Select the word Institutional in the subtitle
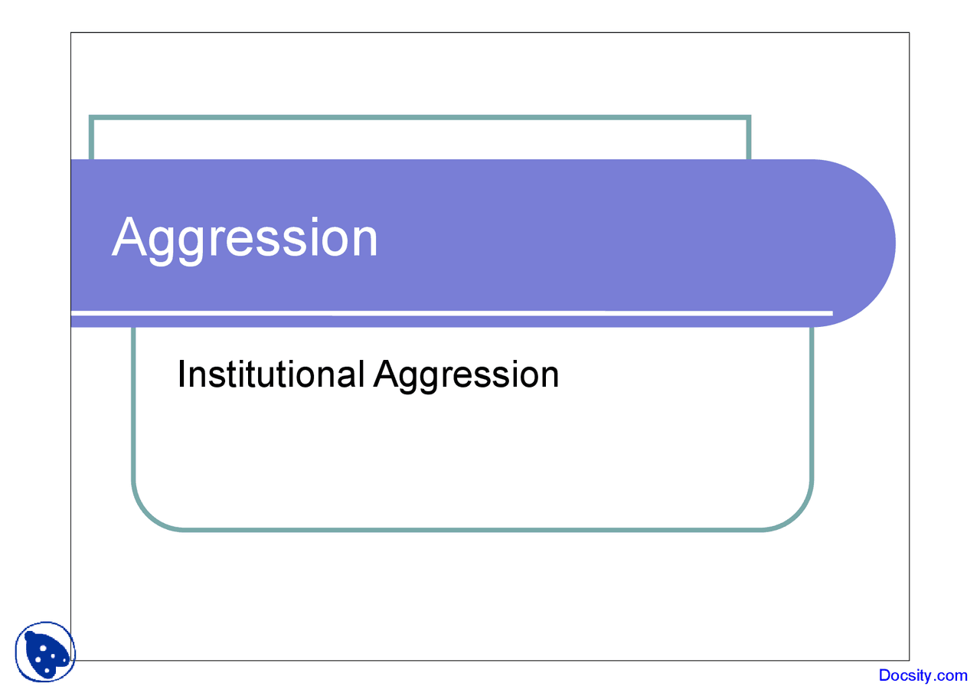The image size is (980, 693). (270, 374)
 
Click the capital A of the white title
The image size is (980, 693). (129, 237)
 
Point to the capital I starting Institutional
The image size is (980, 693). (181, 374)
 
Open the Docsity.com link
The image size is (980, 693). (923, 675)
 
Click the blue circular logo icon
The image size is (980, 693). (45, 652)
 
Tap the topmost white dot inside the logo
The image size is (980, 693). (43, 648)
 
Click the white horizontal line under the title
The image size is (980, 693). (452, 312)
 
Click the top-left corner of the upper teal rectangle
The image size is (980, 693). (91, 117)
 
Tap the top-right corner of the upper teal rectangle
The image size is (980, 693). (749, 117)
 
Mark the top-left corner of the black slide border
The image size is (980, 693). (71, 33)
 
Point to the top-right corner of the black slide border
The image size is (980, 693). (909, 33)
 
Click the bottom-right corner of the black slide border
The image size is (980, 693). (909, 660)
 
